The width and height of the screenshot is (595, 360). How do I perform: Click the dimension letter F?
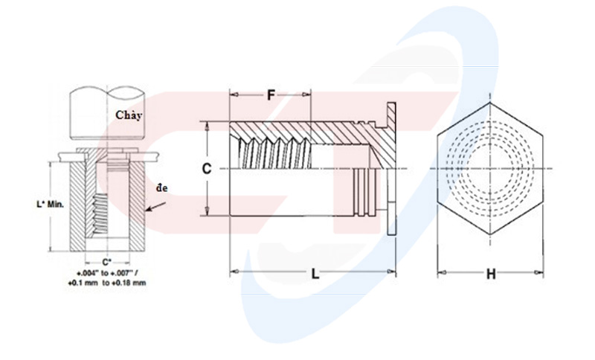click(271, 95)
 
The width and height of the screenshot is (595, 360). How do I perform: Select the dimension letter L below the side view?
click(315, 274)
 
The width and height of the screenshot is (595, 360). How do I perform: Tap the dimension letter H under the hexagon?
click(491, 274)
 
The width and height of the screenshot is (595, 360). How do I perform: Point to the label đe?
click(163, 188)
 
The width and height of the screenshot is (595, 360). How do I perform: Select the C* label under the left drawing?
click(107, 262)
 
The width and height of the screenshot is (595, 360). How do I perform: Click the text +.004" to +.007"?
click(105, 274)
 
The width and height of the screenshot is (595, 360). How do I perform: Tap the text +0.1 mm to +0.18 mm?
click(106, 283)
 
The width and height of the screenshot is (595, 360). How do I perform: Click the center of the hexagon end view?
click(490, 170)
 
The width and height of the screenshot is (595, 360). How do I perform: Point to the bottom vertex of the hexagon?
click(490, 235)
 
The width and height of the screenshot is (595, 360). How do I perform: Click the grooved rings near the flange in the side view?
click(364, 192)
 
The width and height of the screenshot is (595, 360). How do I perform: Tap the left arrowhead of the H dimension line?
click(440, 273)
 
